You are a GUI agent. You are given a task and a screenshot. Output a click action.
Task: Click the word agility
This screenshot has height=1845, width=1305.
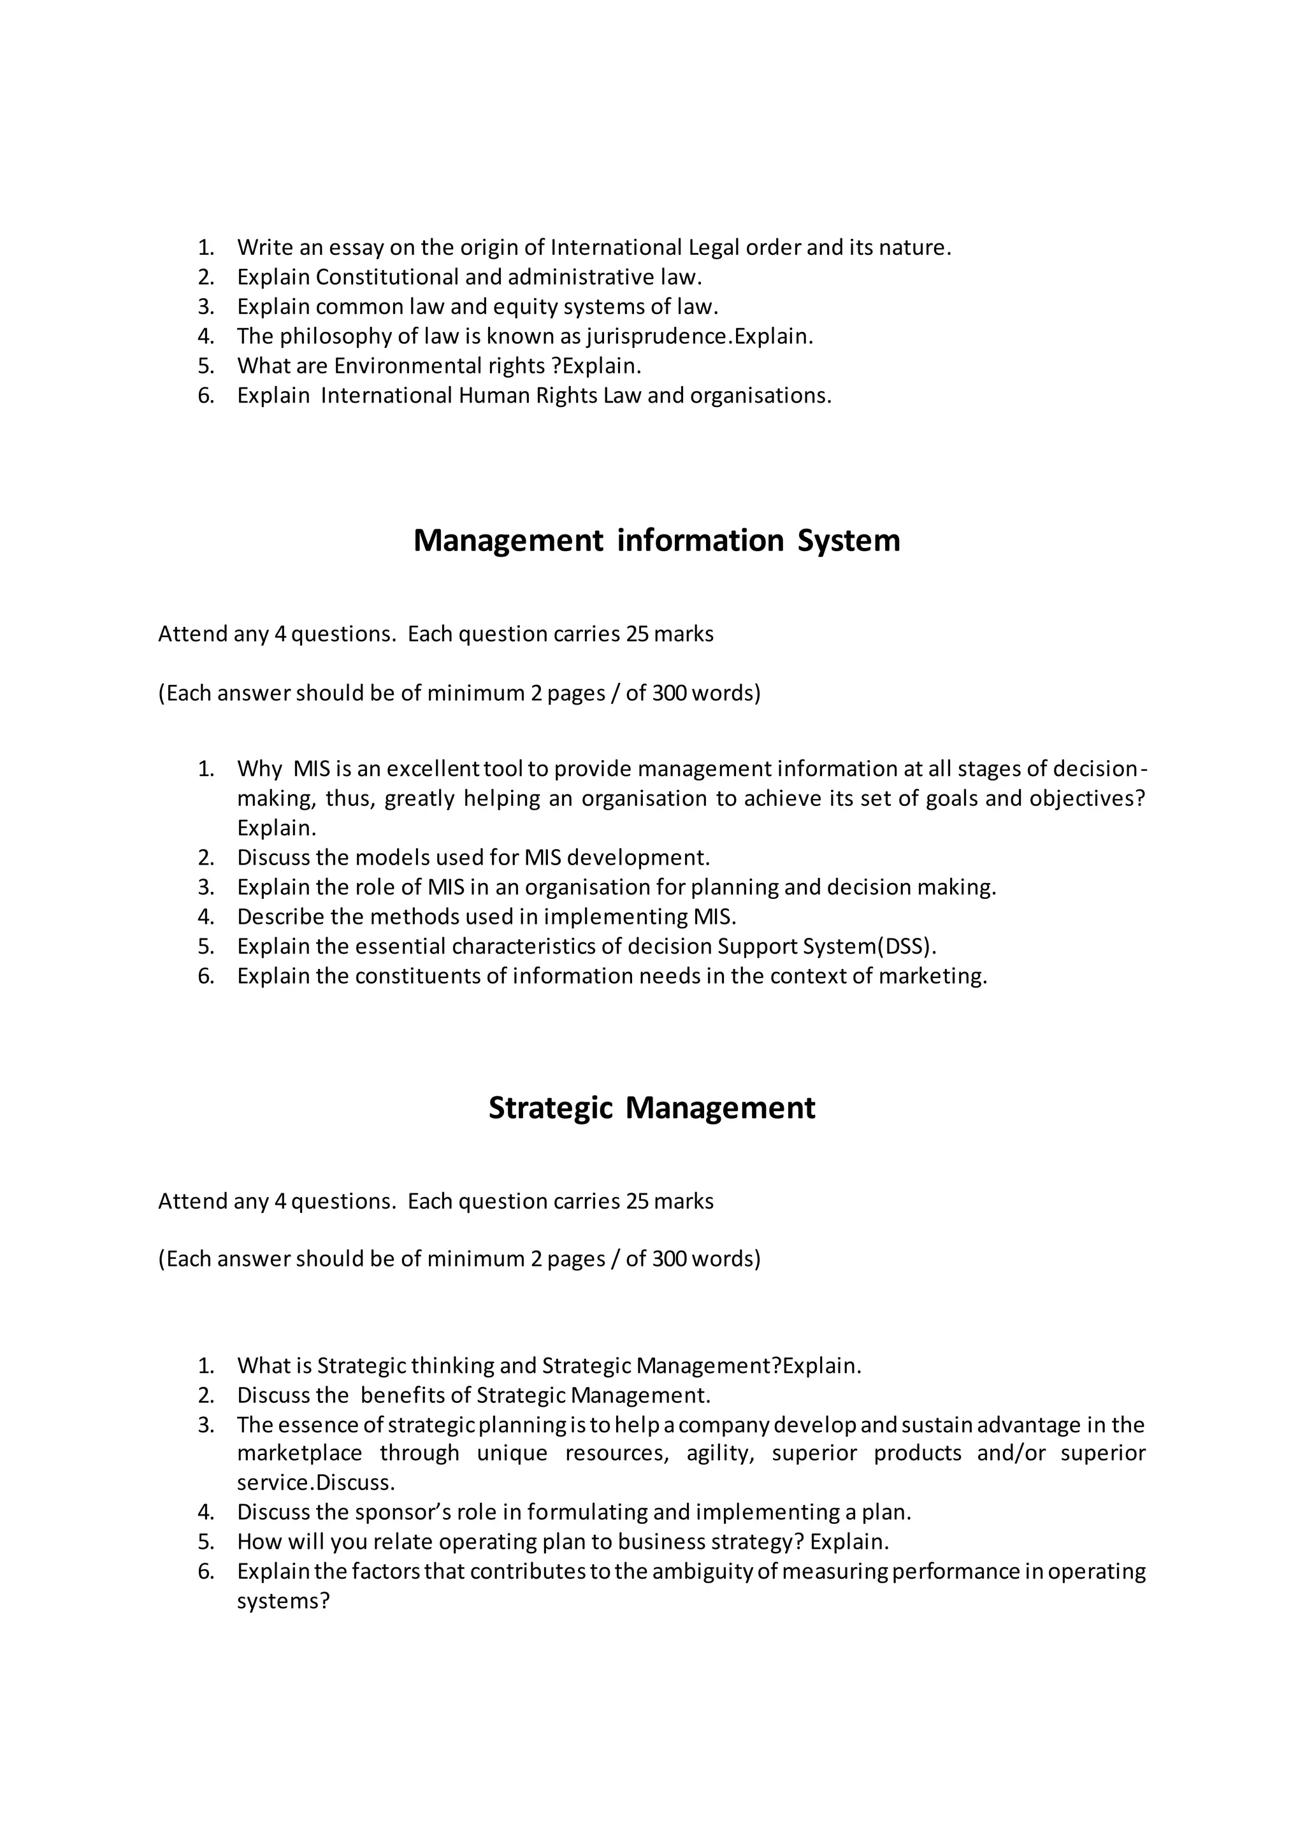[720, 1454]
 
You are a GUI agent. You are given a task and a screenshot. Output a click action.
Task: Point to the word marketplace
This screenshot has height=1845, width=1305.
[299, 1454]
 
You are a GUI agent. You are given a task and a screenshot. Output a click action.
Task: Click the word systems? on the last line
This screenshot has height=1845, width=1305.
[283, 1601]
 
